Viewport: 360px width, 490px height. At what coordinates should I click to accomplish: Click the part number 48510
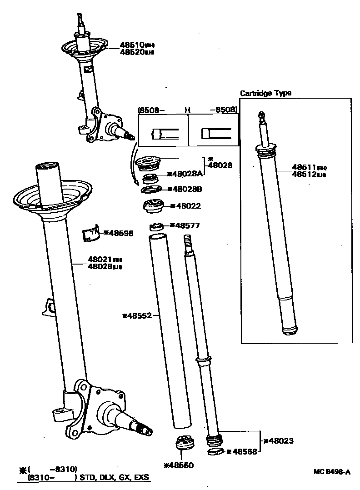[x=132, y=45]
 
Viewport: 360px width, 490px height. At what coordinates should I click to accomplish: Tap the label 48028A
[x=187, y=173]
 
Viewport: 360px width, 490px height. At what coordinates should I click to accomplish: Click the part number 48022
[x=187, y=206]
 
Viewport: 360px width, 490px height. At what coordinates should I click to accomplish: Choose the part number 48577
[x=187, y=225]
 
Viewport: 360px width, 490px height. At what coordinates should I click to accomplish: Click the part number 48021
[x=100, y=260]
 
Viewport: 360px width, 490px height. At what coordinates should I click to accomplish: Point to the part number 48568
[x=244, y=451]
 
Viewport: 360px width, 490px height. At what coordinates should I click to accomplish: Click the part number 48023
[x=281, y=440]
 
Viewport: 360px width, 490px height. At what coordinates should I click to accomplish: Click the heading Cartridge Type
[x=265, y=93]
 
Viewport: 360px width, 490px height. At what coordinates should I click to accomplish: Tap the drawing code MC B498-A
[x=332, y=472]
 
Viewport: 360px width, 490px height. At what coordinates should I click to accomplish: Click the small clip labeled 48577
[x=157, y=225]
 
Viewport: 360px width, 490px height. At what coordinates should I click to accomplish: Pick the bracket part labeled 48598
[x=91, y=234]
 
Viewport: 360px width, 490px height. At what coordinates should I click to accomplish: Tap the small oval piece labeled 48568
[x=215, y=452]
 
